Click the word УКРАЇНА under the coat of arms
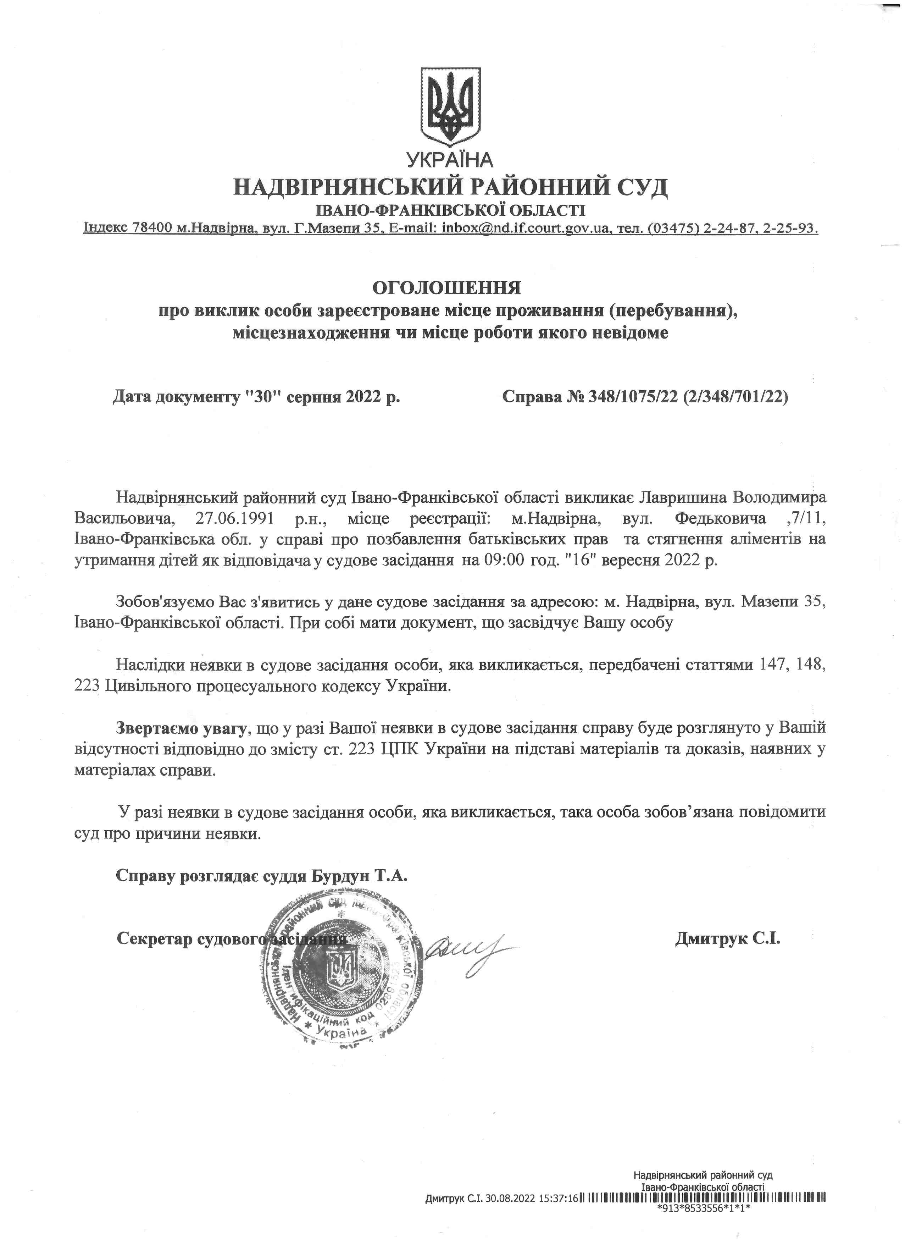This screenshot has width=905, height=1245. click(x=450, y=160)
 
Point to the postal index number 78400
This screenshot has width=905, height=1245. click(x=151, y=228)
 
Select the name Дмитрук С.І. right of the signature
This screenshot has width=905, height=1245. click(x=727, y=938)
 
